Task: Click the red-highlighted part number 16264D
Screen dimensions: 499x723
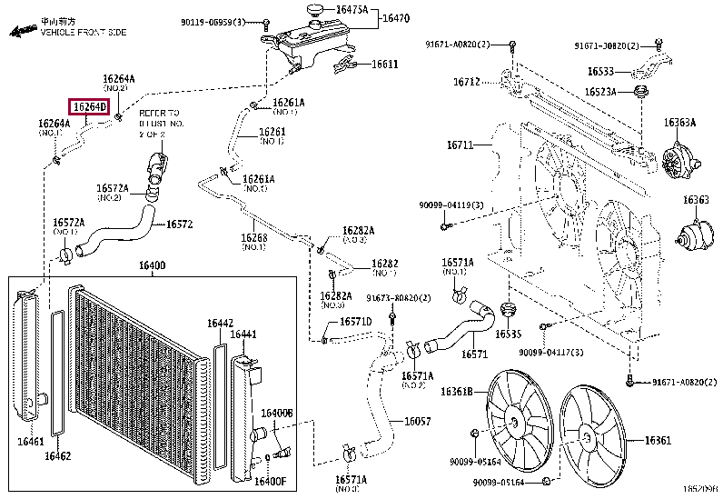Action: [90, 107]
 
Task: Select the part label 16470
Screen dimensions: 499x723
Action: [395, 17]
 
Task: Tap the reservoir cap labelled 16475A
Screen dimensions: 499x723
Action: [314, 10]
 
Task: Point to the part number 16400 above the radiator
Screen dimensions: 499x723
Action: [152, 266]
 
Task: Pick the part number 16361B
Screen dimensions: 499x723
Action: [457, 392]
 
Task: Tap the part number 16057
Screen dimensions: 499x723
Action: [417, 421]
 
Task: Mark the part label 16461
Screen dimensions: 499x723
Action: [30, 442]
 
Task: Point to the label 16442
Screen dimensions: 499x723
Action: [219, 323]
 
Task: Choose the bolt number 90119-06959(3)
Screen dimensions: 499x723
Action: [213, 21]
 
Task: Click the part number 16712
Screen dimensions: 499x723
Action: [467, 82]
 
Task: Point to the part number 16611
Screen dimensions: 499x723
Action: [384, 65]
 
